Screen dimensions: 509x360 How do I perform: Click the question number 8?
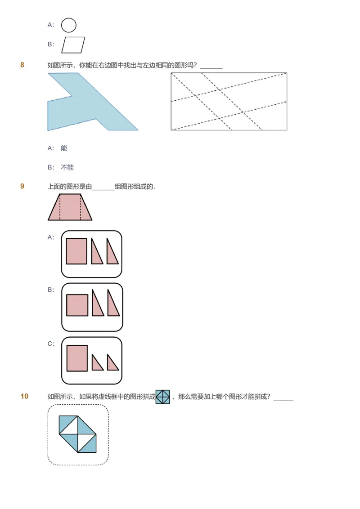click(x=22, y=65)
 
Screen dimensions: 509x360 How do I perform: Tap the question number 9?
click(x=22, y=186)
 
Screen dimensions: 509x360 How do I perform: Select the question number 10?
click(x=24, y=396)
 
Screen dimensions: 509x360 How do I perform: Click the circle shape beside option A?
click(x=69, y=25)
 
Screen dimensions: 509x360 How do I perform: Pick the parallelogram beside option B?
click(x=73, y=45)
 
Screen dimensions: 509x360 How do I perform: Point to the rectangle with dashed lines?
click(x=229, y=102)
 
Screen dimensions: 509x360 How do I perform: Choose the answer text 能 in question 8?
click(x=64, y=148)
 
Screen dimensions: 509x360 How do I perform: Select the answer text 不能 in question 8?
click(x=67, y=167)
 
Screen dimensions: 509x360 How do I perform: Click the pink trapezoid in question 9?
click(x=70, y=207)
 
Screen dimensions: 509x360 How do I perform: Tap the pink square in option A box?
click(x=76, y=251)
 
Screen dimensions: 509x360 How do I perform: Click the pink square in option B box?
click(x=77, y=305)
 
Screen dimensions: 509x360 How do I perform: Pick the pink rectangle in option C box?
click(x=77, y=358)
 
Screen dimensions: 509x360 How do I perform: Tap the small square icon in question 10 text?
click(x=163, y=397)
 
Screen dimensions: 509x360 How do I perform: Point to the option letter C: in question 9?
click(x=51, y=344)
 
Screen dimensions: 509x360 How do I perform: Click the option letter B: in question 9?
click(x=51, y=290)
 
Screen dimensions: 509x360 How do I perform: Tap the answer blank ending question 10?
click(x=283, y=397)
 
